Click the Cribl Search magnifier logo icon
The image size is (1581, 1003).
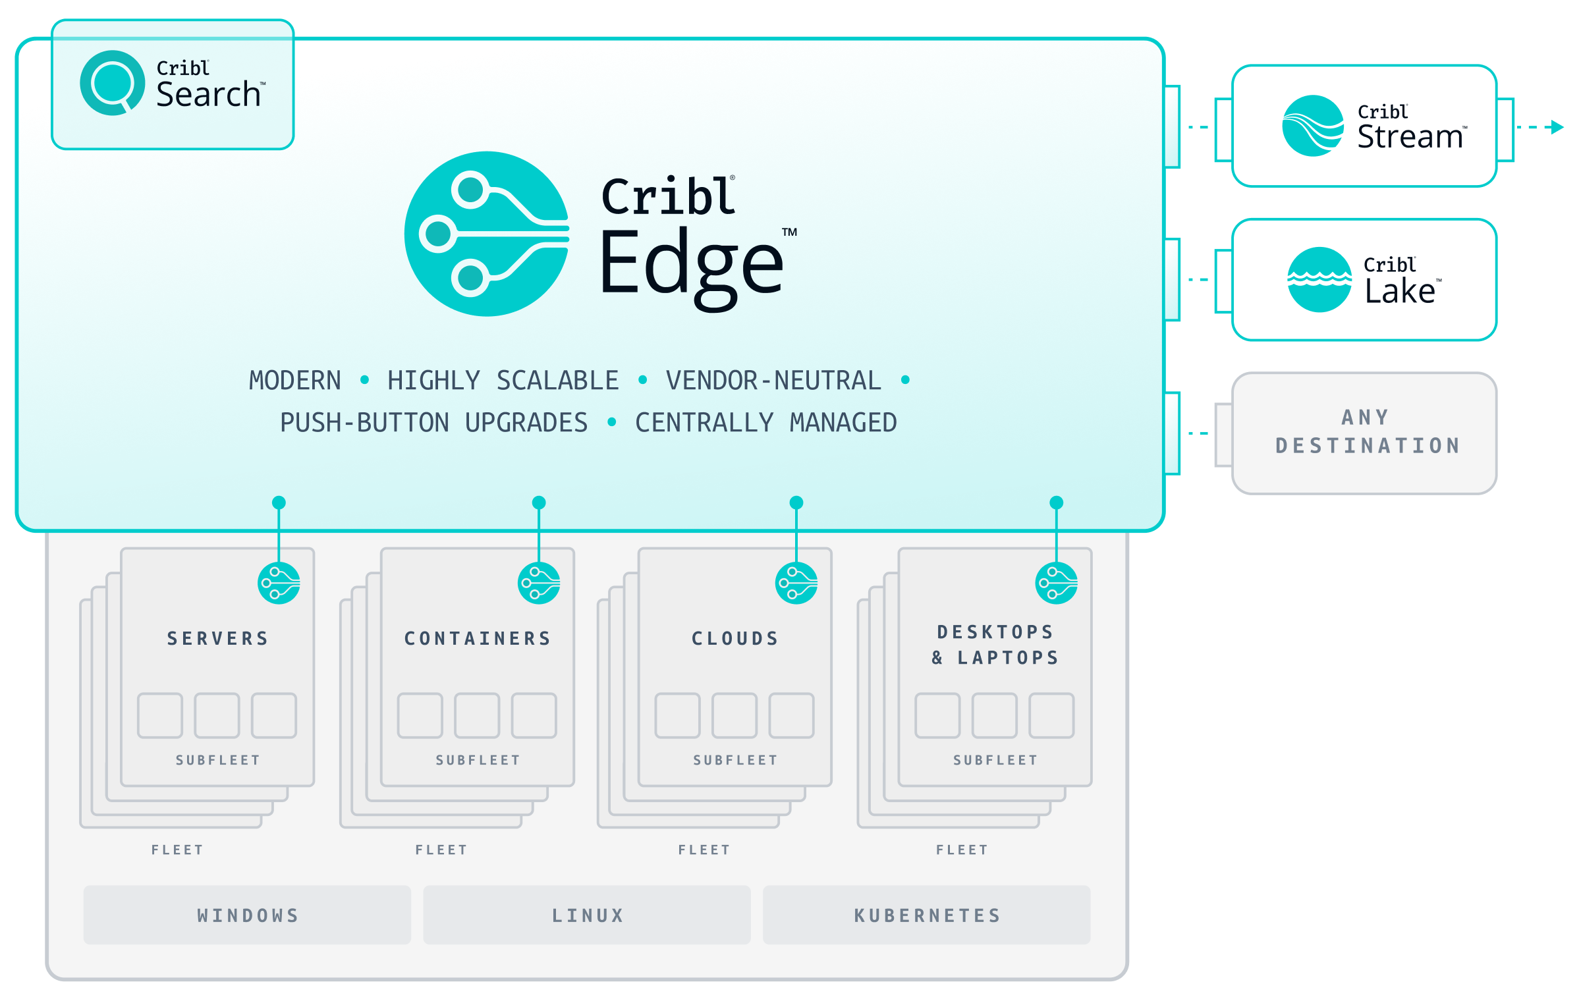click(x=112, y=83)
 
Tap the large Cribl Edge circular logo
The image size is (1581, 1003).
click(x=487, y=234)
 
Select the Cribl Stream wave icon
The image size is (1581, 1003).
click(x=1312, y=126)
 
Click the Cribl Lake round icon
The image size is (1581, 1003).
click(x=1319, y=279)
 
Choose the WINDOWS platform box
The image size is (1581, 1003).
click(x=247, y=915)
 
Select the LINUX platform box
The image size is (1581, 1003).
click(x=587, y=915)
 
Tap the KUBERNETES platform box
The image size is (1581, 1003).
click(x=926, y=915)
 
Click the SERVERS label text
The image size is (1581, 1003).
click(x=217, y=638)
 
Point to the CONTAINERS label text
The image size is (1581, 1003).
click(x=478, y=638)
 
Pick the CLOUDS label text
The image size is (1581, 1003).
click(x=735, y=638)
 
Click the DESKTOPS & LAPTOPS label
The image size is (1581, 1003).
click(x=995, y=645)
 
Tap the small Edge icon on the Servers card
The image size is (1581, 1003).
click(x=279, y=583)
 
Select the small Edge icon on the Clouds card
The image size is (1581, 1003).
click(x=796, y=583)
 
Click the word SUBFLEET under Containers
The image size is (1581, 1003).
click(x=478, y=760)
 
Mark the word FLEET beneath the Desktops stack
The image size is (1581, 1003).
click(x=962, y=850)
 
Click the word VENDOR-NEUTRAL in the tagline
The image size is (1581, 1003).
click(x=773, y=381)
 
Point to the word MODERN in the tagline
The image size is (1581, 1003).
click(x=295, y=381)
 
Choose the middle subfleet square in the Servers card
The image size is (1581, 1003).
click(x=217, y=715)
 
